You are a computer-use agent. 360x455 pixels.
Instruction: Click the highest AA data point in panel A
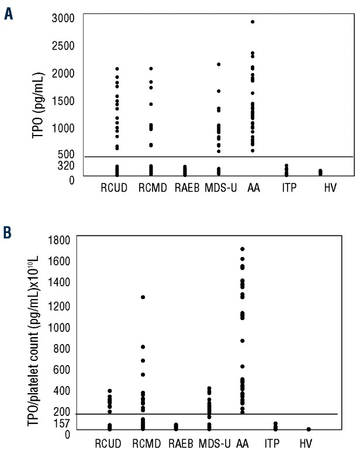pos(253,22)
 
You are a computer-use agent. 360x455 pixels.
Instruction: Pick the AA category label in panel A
pos(253,188)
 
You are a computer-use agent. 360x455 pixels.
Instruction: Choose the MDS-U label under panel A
pos(217,188)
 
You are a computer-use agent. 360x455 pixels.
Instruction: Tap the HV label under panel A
pos(320,188)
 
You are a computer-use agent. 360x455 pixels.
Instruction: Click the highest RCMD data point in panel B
pos(143,297)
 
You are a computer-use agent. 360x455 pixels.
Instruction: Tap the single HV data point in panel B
pos(309,429)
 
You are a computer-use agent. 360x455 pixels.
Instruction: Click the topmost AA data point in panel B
pos(242,249)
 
